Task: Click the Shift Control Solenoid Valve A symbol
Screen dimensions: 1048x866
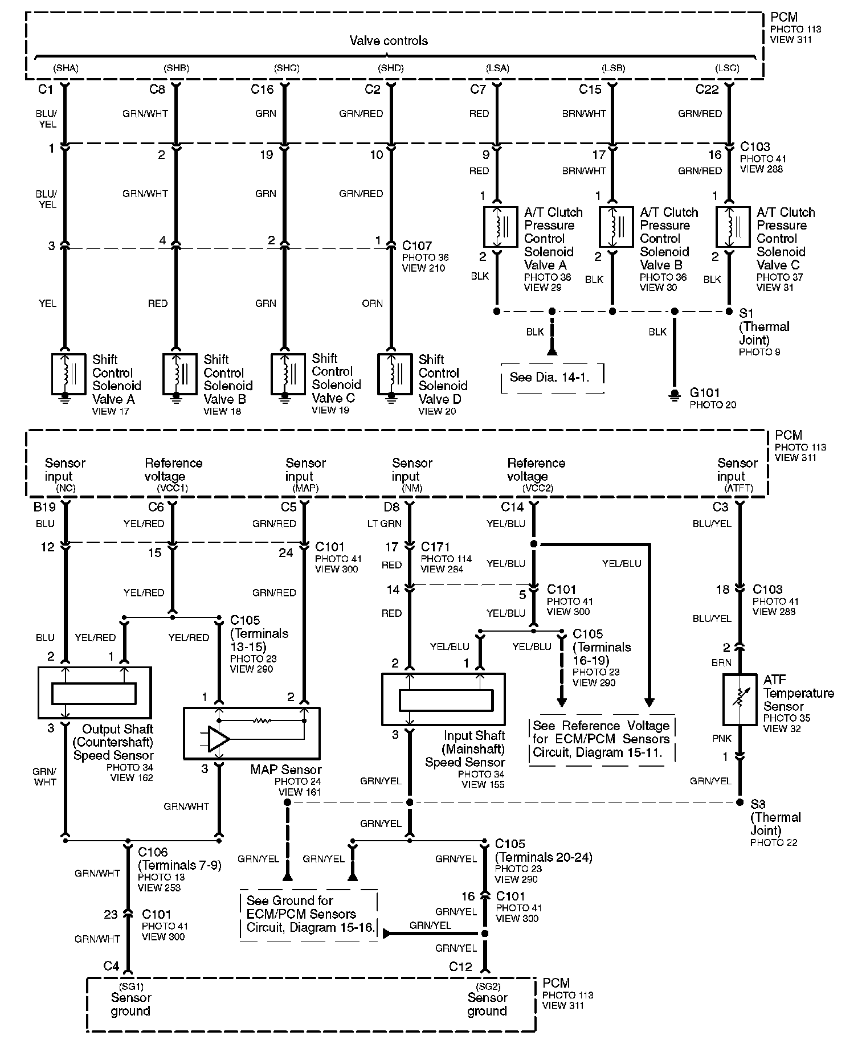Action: coord(68,374)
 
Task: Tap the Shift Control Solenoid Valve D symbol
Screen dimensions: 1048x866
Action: coord(394,374)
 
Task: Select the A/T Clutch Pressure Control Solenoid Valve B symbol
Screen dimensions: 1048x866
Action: coord(616,227)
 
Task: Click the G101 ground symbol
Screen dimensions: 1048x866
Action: coord(675,395)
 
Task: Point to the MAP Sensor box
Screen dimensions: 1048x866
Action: coord(251,734)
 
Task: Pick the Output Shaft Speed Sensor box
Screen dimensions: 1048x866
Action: coord(95,693)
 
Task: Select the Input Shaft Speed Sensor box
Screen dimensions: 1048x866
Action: coord(443,699)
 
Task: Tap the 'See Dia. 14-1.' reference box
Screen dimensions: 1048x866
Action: coord(551,377)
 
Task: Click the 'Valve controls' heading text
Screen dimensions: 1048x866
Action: coord(388,40)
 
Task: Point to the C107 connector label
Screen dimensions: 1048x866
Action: coord(417,245)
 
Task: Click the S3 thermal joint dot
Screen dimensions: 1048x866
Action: coord(740,802)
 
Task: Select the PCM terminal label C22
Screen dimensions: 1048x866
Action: coord(707,89)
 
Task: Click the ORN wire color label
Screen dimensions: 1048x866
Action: coord(373,304)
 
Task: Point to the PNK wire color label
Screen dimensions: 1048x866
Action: coord(722,739)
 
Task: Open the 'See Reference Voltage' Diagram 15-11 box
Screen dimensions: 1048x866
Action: coord(601,739)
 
